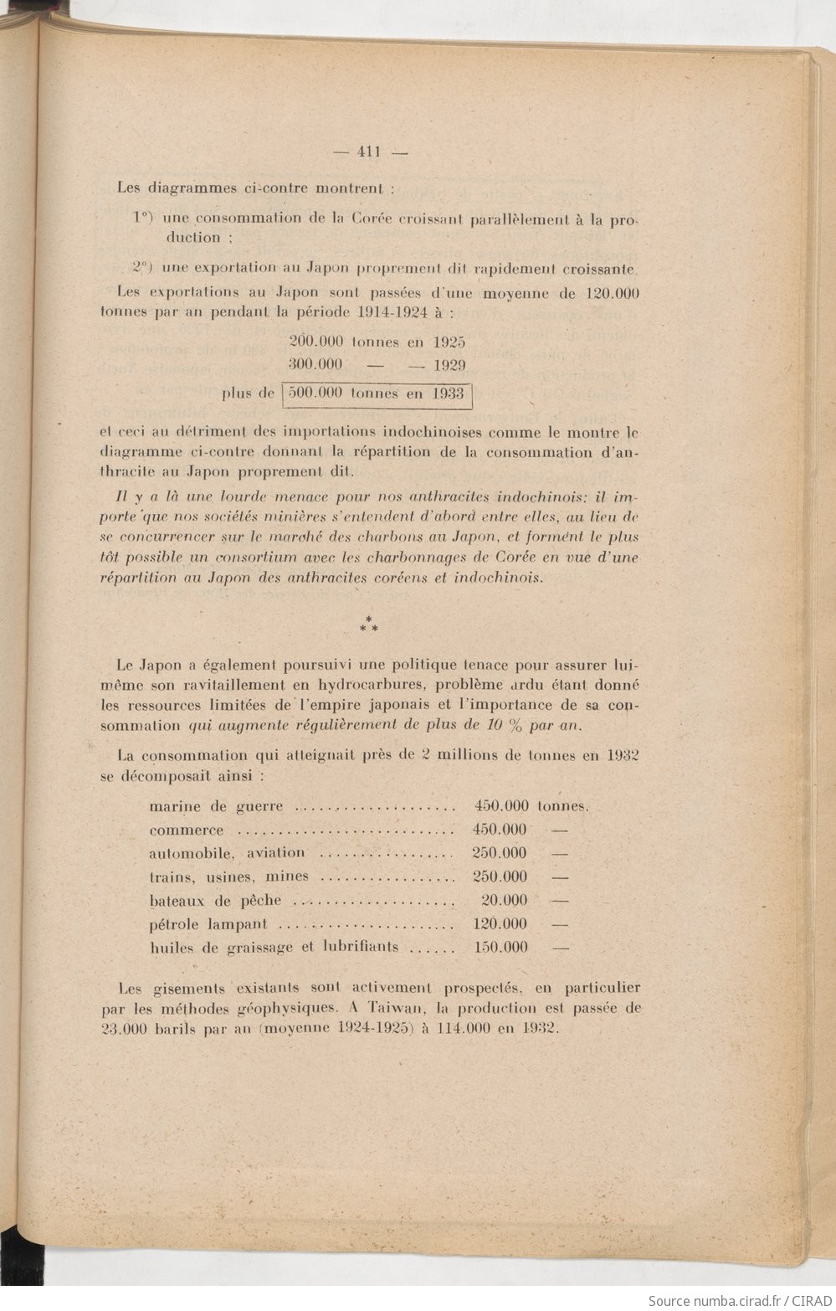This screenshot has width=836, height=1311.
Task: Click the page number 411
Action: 369,152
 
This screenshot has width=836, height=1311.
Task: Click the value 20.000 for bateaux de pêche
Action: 505,900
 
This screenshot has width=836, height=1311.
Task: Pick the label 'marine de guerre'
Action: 216,807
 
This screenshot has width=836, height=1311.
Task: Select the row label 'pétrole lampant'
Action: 208,924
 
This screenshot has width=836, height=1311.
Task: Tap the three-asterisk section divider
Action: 368,623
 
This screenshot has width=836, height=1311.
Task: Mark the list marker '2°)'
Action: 141,268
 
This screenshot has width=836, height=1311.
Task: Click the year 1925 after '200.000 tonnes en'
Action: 449,342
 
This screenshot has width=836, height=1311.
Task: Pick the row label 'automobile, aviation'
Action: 227,853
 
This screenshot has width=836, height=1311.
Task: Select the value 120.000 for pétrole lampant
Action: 500,924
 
